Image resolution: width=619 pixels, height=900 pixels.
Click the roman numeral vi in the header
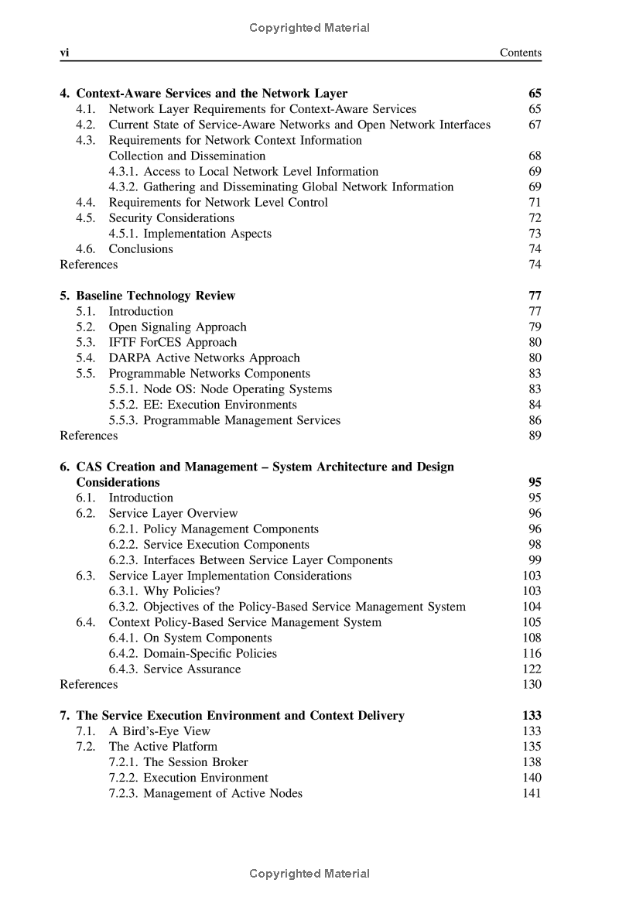point(66,53)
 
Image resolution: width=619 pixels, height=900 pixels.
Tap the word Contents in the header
point(520,53)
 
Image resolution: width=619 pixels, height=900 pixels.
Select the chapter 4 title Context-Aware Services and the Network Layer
point(211,94)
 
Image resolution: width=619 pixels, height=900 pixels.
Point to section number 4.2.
point(85,125)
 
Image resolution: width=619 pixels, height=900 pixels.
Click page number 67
point(534,125)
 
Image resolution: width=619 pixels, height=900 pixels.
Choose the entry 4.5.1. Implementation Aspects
point(190,234)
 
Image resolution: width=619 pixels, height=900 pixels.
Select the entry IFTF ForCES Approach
point(173,342)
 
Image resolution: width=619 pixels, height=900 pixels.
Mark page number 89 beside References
point(534,436)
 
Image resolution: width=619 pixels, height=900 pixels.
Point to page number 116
point(532,653)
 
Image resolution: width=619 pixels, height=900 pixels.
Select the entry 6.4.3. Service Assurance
point(174,669)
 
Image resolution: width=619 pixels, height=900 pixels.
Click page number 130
point(532,684)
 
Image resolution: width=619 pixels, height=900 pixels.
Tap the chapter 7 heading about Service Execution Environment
point(240,716)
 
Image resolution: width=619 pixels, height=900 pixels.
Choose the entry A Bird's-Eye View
point(159,731)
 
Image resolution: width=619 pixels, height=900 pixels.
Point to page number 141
point(532,793)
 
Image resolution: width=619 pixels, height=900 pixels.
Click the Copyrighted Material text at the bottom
point(309,874)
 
